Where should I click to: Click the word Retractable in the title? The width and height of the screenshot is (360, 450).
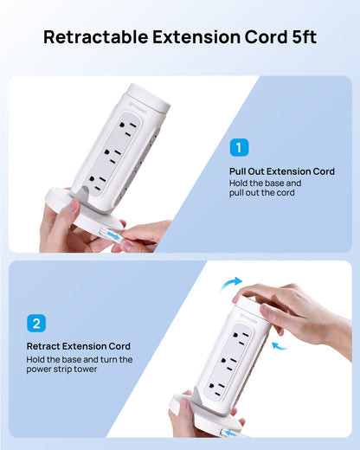pos(96,37)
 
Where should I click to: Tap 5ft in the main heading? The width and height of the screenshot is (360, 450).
pos(304,37)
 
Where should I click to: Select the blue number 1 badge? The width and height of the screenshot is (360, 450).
pos(239,147)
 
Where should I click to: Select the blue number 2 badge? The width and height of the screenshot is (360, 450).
pos(36,323)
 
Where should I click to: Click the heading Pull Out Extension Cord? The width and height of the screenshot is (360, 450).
pos(282,171)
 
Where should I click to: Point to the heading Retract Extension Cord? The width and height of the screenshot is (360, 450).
pos(79,346)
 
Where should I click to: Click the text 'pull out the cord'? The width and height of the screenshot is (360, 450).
pos(262,193)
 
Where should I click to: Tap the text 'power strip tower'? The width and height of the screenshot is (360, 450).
pos(61,370)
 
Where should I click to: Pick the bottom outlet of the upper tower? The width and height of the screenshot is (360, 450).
pos(97,183)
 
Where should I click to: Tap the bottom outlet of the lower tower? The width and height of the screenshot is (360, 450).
pos(217,388)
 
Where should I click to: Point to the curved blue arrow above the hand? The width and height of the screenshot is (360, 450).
pos(230,283)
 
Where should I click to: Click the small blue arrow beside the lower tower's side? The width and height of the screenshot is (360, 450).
pos(280,346)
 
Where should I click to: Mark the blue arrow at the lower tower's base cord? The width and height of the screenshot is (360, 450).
pos(233,433)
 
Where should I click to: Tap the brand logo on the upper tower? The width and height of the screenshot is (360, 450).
pos(138,107)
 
